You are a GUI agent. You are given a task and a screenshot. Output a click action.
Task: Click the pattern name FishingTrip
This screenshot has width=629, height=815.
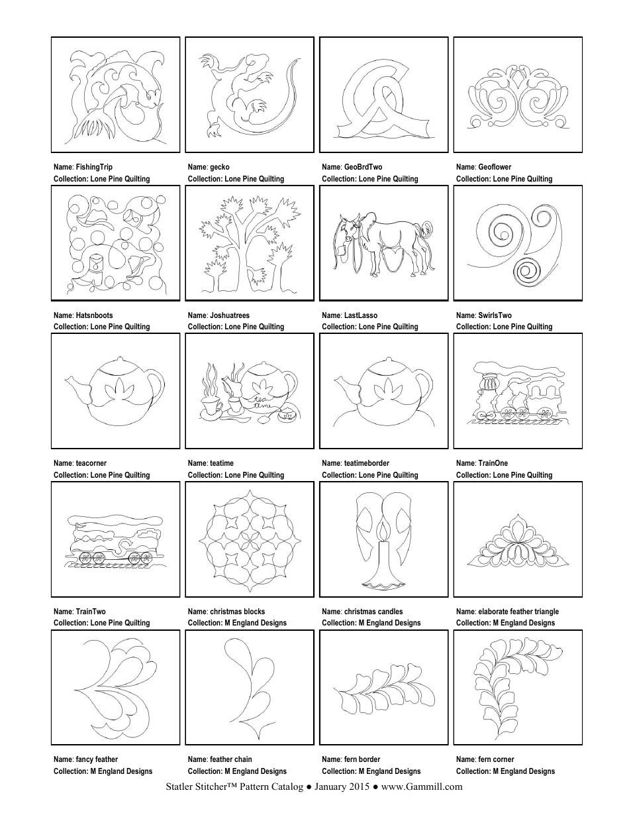94,168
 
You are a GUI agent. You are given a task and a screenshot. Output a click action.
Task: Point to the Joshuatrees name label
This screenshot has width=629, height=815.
229,315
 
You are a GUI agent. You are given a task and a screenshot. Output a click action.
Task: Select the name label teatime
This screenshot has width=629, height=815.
221,463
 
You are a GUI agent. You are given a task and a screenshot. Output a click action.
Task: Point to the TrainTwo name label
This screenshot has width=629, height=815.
91,612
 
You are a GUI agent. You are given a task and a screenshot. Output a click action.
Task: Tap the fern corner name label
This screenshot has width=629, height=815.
494,759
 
